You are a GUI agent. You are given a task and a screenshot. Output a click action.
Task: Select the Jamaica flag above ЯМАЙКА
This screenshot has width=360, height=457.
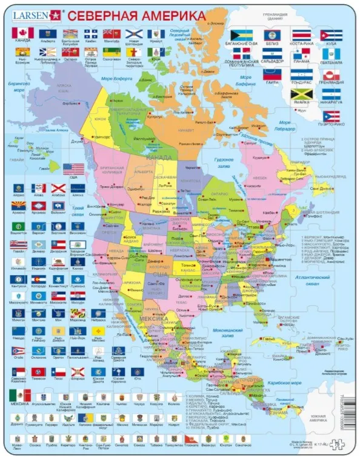pyautogui.click(x=302, y=95)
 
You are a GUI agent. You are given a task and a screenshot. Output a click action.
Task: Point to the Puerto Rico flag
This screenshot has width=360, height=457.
pyautogui.click(x=331, y=116)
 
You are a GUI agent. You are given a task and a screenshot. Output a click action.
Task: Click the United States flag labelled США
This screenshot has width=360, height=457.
pyautogui.click(x=74, y=169)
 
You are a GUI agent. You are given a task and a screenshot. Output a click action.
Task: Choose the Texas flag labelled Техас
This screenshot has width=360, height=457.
pyautogui.click(x=58, y=372)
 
